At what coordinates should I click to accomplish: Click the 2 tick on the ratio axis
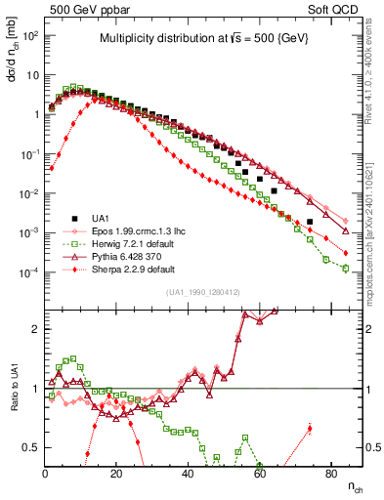click(36, 329)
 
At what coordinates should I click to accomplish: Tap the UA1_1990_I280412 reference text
click(204, 292)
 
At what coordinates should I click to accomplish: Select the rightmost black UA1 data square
click(310, 222)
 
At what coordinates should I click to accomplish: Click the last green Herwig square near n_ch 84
click(346, 269)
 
